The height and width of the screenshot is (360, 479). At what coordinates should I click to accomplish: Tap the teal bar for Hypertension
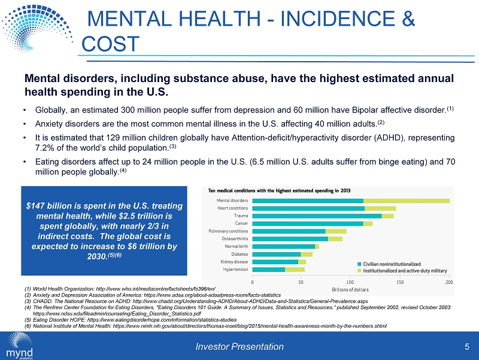[x=268, y=270]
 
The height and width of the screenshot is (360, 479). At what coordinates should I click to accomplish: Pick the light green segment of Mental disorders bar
[x=407, y=200]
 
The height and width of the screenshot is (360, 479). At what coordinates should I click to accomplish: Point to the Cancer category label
[x=241, y=223]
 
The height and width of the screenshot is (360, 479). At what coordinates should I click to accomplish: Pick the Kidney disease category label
[x=234, y=262]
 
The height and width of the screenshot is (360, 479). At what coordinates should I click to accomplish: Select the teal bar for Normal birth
[x=283, y=246]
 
